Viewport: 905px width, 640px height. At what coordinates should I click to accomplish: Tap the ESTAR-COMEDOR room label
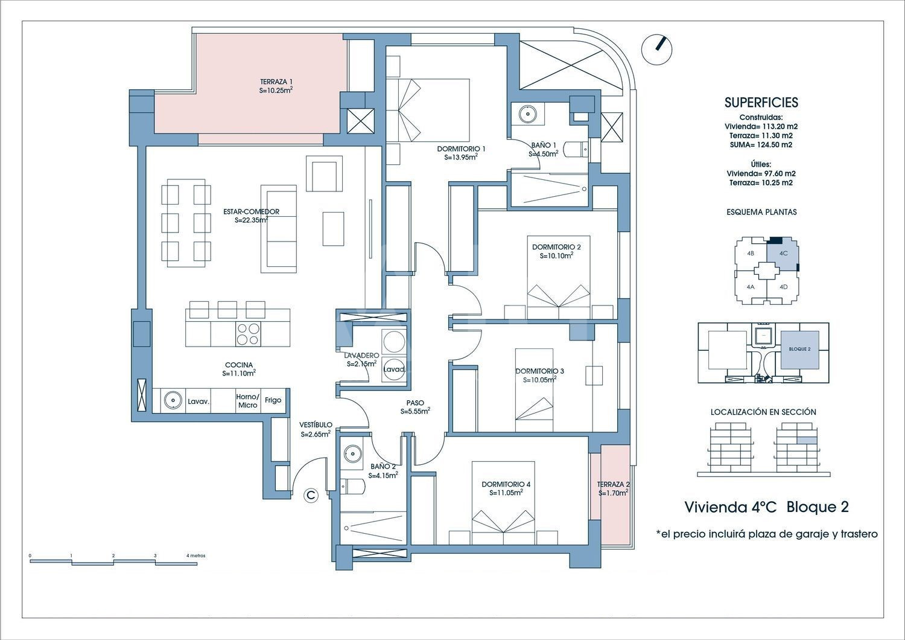tap(252, 211)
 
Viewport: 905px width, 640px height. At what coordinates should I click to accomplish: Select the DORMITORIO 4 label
tap(506, 484)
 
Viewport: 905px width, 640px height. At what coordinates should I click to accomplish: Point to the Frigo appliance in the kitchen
tap(273, 400)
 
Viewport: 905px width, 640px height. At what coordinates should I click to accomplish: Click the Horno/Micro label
tap(247, 401)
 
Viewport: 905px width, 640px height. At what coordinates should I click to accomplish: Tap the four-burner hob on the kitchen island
tap(248, 334)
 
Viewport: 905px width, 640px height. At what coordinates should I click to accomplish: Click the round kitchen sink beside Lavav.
tap(173, 400)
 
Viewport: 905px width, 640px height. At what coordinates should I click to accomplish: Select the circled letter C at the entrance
tap(311, 495)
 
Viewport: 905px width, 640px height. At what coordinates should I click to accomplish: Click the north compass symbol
tap(656, 50)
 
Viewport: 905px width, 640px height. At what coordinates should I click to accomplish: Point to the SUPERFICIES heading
tap(761, 103)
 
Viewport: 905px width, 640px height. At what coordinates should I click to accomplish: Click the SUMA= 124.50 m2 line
tap(761, 145)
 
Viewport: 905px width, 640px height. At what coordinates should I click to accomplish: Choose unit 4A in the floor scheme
tap(751, 287)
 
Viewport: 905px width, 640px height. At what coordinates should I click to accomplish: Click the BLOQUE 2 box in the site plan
tap(799, 350)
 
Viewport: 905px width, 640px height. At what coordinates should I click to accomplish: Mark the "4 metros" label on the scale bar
tap(195, 555)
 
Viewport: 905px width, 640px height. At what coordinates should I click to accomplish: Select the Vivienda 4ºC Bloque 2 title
tap(766, 507)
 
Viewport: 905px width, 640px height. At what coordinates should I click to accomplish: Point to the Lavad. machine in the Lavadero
tap(394, 370)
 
